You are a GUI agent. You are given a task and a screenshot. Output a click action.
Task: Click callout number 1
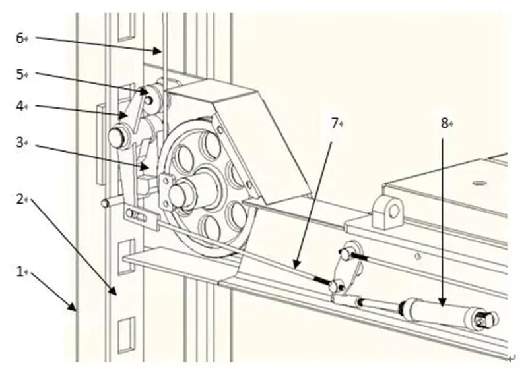19,271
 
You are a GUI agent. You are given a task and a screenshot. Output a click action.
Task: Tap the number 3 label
19,141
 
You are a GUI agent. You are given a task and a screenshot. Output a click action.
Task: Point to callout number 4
19,105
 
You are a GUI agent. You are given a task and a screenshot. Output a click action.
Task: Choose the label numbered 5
19,74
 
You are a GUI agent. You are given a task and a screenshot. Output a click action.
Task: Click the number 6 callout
19,38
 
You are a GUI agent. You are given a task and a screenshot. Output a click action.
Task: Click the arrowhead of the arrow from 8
443,304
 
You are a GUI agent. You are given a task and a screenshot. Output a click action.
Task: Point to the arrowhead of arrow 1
76,310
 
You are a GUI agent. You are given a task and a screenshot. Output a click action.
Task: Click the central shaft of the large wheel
180,194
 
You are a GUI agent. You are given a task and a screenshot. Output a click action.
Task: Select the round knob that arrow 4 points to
119,137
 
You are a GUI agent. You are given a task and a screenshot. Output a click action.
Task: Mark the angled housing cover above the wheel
264,132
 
